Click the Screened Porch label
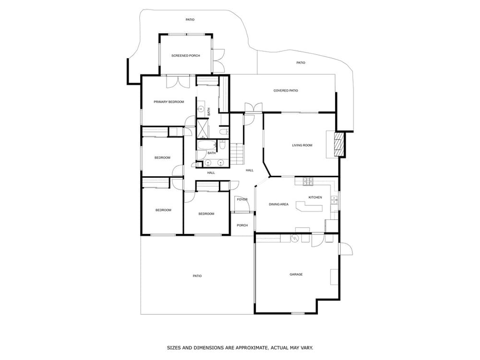185,56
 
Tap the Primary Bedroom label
168,102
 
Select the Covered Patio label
286,91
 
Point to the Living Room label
302,145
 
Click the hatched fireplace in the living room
339,144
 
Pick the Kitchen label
315,197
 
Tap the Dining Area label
278,204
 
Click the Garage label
296,275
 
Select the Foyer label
242,200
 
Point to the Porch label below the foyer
242,225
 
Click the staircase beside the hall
237,154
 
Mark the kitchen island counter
309,206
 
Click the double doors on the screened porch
218,60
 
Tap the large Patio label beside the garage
197,276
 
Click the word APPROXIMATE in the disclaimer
251,348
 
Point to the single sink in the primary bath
201,108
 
